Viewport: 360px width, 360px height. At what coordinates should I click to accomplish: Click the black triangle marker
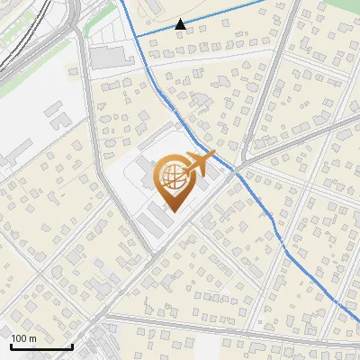click(x=181, y=24)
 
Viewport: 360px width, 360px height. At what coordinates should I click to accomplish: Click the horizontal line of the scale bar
click(x=40, y=346)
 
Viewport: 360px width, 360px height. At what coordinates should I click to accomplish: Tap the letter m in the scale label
click(x=32, y=338)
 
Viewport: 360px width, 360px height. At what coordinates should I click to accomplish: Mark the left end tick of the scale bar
click(x=10, y=345)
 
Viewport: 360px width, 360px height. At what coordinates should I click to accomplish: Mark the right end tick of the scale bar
click(x=71, y=345)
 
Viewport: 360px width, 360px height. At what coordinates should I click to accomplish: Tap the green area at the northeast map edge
click(x=351, y=11)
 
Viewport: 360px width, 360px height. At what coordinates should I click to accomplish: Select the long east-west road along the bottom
click(x=225, y=328)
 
